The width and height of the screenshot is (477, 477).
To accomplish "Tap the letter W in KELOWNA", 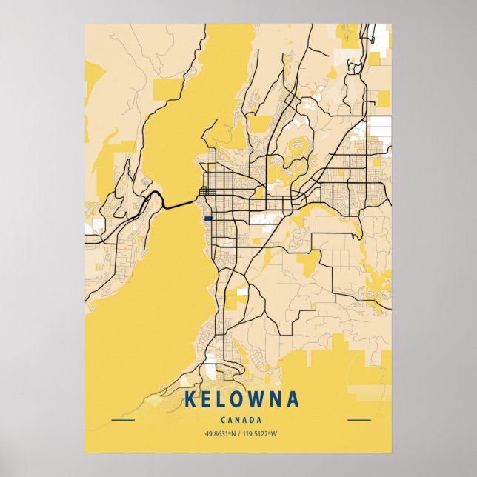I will point(256,400).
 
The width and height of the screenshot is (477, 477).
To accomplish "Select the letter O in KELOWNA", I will point(236,400).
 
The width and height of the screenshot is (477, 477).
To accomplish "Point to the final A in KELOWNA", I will point(293,400).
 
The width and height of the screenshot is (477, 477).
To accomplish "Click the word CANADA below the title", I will point(238,420).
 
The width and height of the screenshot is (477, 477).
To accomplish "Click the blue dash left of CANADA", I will point(123,420).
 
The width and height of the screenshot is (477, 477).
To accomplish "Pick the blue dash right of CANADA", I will point(358,420).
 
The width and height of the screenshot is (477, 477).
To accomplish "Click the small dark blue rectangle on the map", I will point(207,219).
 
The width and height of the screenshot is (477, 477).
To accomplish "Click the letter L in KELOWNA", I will point(219,400).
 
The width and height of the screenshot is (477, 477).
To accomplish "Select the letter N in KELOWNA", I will point(275,400).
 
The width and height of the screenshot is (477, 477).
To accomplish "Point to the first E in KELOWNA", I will point(204,400).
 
